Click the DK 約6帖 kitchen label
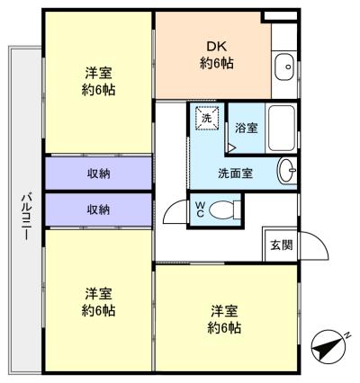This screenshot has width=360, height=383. click(212, 55)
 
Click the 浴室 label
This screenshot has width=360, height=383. click(246, 129)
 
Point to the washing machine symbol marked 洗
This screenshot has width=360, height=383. click(206, 119)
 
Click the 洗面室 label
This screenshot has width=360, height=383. click(234, 173)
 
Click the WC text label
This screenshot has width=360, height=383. click(201, 209)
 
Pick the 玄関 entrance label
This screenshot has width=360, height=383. click(278, 245)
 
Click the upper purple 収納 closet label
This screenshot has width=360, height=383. click(98, 173)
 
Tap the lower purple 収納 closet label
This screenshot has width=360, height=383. click(98, 209)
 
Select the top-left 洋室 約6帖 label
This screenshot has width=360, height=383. click(99, 82)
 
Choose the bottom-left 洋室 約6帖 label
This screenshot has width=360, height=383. click(99, 302)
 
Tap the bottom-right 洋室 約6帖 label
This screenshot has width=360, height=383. click(225, 320)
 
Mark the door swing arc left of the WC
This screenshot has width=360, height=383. click(173, 213)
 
